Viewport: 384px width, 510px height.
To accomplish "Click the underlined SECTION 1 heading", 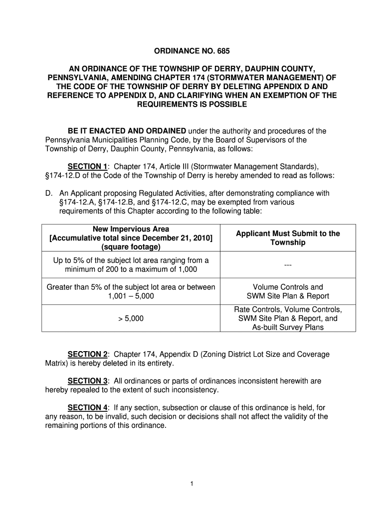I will (88, 166).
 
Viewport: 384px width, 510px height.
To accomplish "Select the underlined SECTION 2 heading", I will (88, 354).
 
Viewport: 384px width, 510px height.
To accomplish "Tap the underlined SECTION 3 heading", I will (88, 381).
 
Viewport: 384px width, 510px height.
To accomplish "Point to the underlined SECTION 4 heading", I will (88, 408).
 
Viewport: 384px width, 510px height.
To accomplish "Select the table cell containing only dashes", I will (288, 265).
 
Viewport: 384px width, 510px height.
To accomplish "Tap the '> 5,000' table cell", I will (131, 318).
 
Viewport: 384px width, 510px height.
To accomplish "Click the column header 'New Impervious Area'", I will (131, 229).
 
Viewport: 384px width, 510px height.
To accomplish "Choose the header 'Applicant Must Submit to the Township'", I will (288, 238).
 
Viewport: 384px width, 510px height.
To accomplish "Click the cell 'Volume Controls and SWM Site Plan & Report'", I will (288, 291).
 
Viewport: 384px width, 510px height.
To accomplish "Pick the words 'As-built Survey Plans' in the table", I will (288, 327).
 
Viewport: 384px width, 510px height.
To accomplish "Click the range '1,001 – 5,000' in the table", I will (131, 296).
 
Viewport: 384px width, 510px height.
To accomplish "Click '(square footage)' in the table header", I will (131, 247).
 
